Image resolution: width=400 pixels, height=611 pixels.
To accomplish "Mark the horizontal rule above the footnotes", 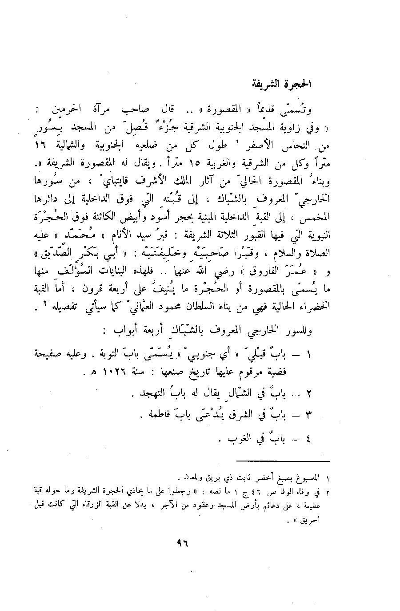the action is tap(283, 461).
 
